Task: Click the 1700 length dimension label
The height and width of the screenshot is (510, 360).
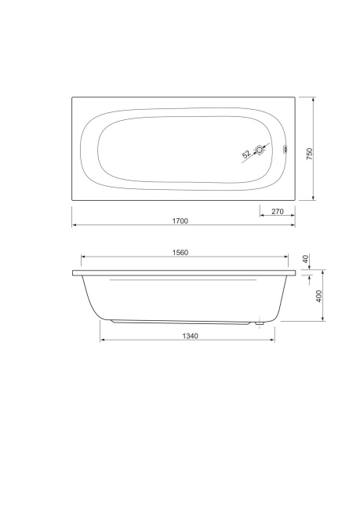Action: click(x=180, y=220)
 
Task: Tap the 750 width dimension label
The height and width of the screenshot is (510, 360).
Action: click(x=309, y=154)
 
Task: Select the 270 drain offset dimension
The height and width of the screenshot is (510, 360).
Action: click(x=278, y=211)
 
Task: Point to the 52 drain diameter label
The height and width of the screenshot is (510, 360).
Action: click(x=246, y=154)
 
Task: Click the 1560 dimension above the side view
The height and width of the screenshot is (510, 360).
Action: click(x=180, y=253)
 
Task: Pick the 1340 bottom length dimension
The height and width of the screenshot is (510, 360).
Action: click(x=190, y=336)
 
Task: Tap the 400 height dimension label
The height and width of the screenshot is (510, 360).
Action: click(x=319, y=296)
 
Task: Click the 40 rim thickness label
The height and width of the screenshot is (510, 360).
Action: click(x=305, y=259)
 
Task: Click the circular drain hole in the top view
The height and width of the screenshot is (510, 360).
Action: click(x=260, y=150)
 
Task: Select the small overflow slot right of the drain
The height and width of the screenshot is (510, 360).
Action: click(x=285, y=149)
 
